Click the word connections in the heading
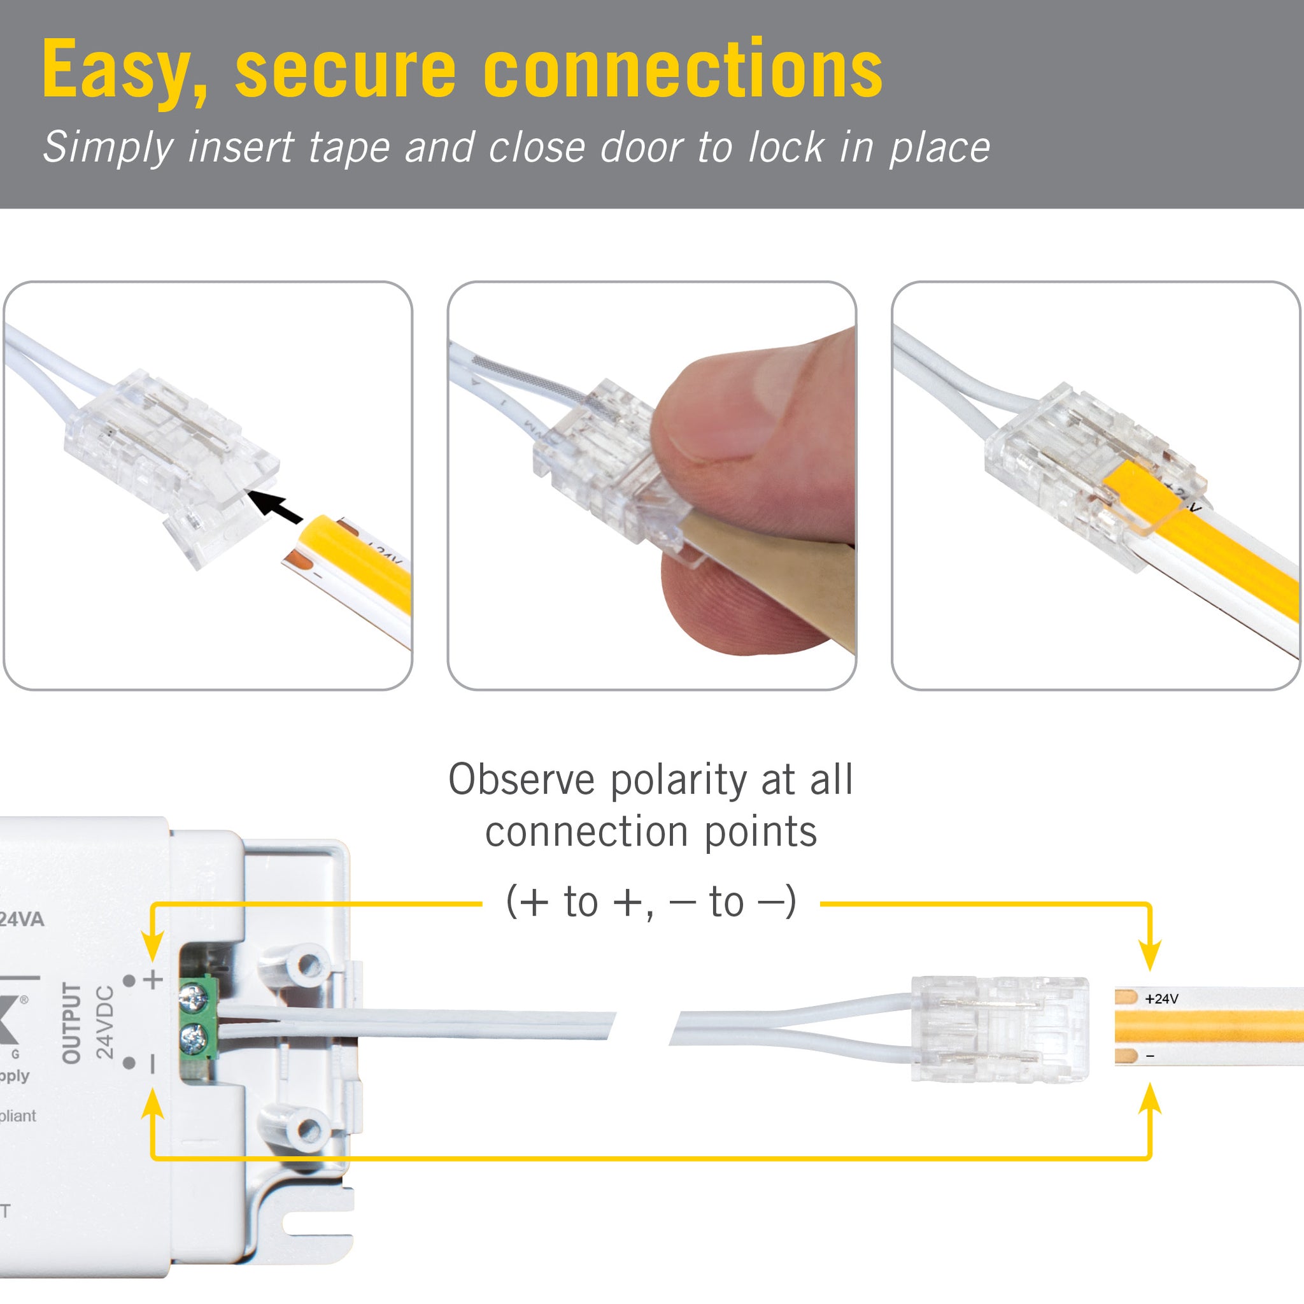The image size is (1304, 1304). click(x=683, y=69)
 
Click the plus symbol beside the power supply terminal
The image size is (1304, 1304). click(x=154, y=979)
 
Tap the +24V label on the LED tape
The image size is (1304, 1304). click(x=1161, y=999)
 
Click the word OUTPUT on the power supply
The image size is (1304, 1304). click(x=71, y=1023)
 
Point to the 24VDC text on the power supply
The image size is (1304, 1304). click(x=104, y=1022)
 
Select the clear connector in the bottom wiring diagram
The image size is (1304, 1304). click(x=999, y=1030)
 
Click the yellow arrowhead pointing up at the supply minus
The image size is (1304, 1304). click(x=153, y=1104)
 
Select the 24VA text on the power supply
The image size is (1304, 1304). click(x=21, y=919)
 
